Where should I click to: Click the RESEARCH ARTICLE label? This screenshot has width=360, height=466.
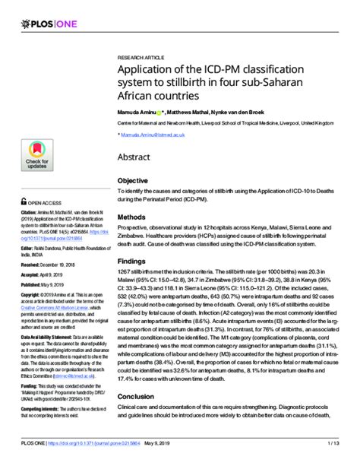[x=141, y=58]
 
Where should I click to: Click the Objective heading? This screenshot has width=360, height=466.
[x=132, y=180]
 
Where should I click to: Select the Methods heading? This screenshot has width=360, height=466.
[x=131, y=217]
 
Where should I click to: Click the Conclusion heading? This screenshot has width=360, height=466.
[x=136, y=417]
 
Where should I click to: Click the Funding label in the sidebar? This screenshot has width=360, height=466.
[x=30, y=386]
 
